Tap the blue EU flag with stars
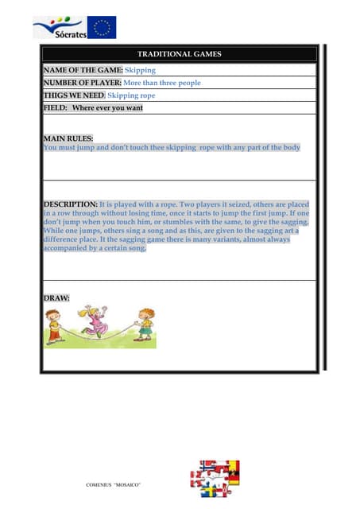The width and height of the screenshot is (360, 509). (x=101, y=27)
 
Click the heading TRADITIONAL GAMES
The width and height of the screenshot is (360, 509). (x=179, y=54)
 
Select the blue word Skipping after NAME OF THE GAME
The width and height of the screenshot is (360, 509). (x=141, y=70)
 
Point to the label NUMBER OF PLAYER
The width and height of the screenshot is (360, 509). (x=82, y=83)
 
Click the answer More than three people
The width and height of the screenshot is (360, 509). (x=162, y=83)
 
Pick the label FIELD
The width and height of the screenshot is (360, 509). (x=55, y=107)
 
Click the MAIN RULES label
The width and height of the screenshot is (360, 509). (x=68, y=138)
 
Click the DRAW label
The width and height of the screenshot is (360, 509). (x=56, y=298)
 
